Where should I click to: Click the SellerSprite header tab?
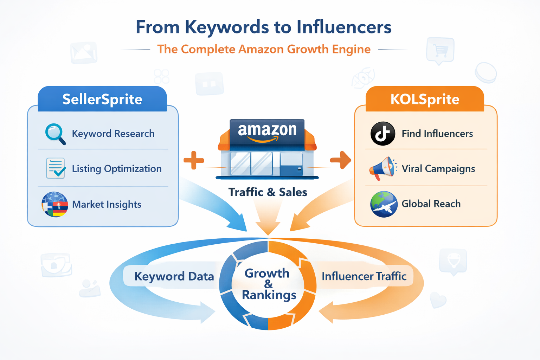[102, 99]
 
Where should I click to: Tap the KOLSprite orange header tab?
[425, 99]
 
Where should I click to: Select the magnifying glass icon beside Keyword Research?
[55, 134]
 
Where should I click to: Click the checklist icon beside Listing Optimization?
[56, 168]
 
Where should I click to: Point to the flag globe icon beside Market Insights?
[54, 204]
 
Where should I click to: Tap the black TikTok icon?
[382, 134]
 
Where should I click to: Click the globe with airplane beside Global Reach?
[384, 204]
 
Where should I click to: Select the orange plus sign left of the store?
[194, 160]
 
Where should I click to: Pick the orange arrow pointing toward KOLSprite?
[340, 160]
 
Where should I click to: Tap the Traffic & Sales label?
[268, 192]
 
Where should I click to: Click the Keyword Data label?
[174, 276]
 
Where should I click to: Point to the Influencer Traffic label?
[364, 276]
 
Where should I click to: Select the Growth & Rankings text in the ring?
[268, 284]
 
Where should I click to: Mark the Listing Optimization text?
[117, 169]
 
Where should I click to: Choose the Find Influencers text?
[437, 134]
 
